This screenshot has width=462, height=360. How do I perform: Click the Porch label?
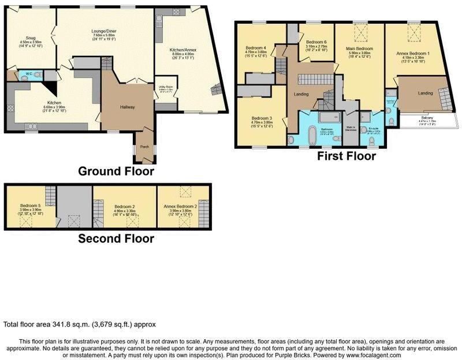point(144,147)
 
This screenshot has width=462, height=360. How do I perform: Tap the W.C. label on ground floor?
point(27,74)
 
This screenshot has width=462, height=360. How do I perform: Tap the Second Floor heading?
point(116,238)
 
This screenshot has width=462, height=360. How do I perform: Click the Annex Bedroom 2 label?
point(184,206)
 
